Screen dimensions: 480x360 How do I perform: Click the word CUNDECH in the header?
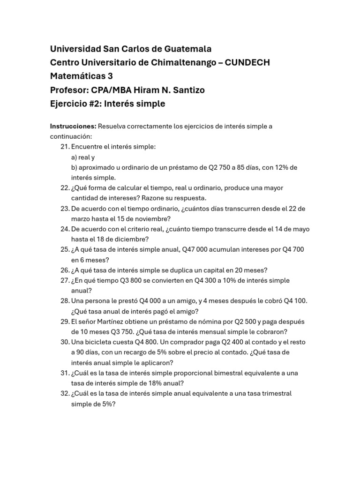247,62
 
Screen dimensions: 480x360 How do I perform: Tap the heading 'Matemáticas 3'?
82,76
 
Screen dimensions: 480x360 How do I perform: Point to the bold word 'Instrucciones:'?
73,126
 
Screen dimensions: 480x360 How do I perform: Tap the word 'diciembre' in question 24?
128,239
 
